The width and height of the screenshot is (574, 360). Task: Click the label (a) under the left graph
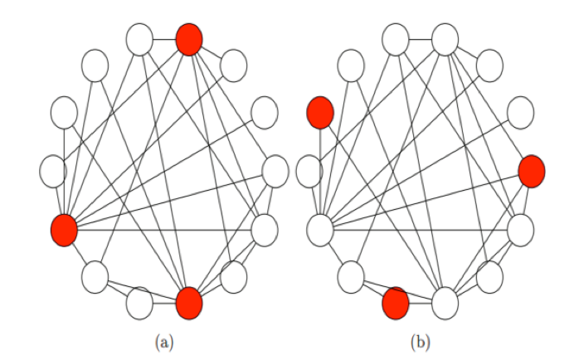[x=164, y=343]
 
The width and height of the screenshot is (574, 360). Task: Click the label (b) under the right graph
[x=420, y=343]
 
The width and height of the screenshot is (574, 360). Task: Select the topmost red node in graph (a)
[x=189, y=40]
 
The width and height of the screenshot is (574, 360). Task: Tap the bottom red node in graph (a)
[x=189, y=304]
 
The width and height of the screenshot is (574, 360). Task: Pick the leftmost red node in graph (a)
[x=64, y=231]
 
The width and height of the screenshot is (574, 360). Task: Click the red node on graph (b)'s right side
[x=532, y=172]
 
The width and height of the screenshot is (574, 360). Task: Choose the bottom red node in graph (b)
[x=396, y=304]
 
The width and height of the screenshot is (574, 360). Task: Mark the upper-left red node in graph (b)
[x=320, y=113]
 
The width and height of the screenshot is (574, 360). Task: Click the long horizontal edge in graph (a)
[x=164, y=231]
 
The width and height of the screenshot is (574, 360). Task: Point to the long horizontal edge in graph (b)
[x=421, y=231]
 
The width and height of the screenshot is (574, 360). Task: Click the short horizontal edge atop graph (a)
[x=164, y=40]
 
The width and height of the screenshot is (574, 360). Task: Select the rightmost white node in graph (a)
[x=275, y=172]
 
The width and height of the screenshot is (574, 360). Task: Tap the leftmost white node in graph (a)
[x=53, y=172]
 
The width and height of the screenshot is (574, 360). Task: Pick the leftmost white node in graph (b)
[x=309, y=172]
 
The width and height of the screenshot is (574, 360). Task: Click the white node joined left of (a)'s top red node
[x=139, y=40]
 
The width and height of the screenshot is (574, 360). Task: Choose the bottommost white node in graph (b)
[x=445, y=304]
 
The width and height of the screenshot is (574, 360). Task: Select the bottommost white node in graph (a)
[x=139, y=304]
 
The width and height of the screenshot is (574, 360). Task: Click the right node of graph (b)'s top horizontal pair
[x=445, y=40]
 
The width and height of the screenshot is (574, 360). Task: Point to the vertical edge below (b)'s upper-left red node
[x=320, y=172]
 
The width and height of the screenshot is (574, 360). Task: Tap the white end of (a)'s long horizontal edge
[x=265, y=231]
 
